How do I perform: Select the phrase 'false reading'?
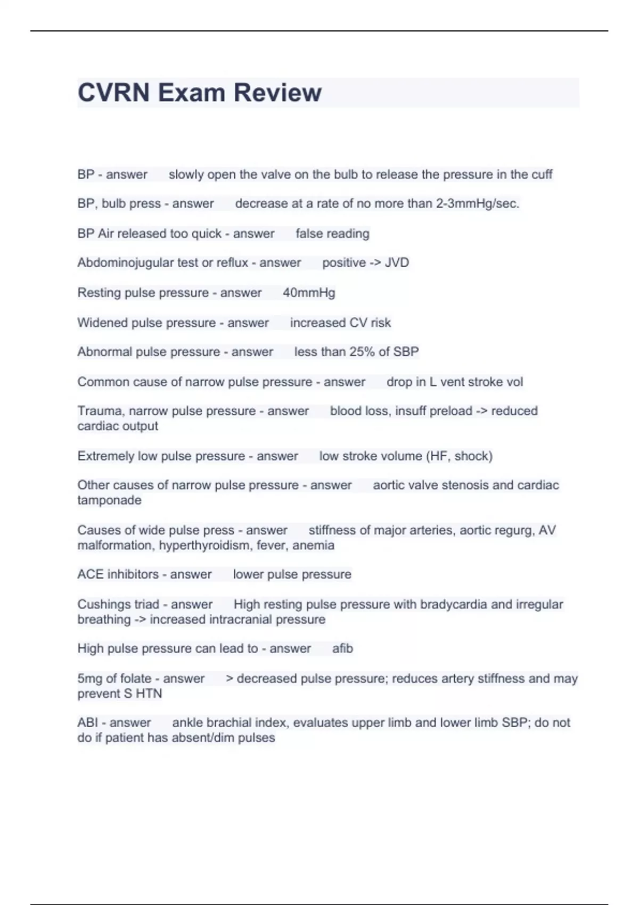[x=332, y=234]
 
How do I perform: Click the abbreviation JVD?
[x=397, y=263]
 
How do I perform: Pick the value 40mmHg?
[x=309, y=293]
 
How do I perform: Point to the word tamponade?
[x=109, y=500]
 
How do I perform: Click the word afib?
[x=342, y=648]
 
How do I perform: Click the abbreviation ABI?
[x=87, y=723]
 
